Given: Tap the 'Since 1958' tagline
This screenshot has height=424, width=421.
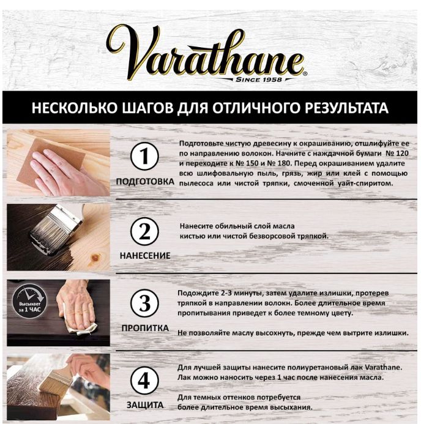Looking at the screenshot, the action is pos(259,80).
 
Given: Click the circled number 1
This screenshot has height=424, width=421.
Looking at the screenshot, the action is pos(144,156).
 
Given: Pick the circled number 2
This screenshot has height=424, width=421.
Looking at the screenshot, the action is pos(144,231).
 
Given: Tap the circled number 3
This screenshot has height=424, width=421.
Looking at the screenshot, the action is pos(144,303).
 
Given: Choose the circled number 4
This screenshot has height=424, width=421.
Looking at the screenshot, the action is pos(144,380).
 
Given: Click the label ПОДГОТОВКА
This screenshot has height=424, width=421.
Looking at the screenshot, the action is pos(145,182).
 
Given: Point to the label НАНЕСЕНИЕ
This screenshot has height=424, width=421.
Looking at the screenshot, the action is pos(145,256).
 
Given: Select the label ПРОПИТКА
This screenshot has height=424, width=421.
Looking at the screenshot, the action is pos(145,328).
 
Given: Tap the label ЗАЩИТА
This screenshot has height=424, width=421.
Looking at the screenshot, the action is pos(145,405).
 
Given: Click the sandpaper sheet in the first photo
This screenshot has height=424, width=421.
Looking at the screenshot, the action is pos(52,161).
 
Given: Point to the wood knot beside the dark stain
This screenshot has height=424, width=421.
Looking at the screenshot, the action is pos(95,258).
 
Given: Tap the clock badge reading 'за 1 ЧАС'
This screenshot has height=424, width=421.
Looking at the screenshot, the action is pos(29,302).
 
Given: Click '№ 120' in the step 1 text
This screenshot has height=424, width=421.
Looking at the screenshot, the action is pos(397,154).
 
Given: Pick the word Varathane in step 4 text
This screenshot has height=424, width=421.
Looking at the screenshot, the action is pos(383,367).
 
